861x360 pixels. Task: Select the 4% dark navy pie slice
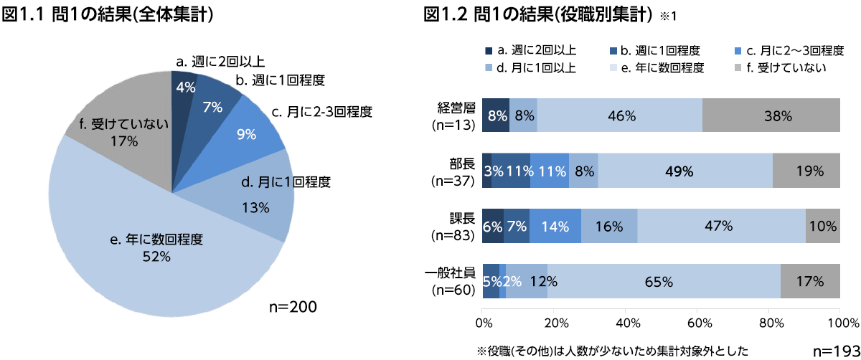(184, 90)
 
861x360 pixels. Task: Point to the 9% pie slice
(248, 133)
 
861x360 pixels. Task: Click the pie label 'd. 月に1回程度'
(285, 183)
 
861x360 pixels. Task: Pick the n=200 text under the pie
(293, 307)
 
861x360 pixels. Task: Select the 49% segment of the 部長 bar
(684, 171)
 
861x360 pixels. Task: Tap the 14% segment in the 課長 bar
(555, 226)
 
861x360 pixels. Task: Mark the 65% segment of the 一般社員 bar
(664, 281)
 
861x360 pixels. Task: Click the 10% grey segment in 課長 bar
(822, 226)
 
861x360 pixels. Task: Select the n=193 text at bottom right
(835, 351)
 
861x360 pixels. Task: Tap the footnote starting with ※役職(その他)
(613, 351)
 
